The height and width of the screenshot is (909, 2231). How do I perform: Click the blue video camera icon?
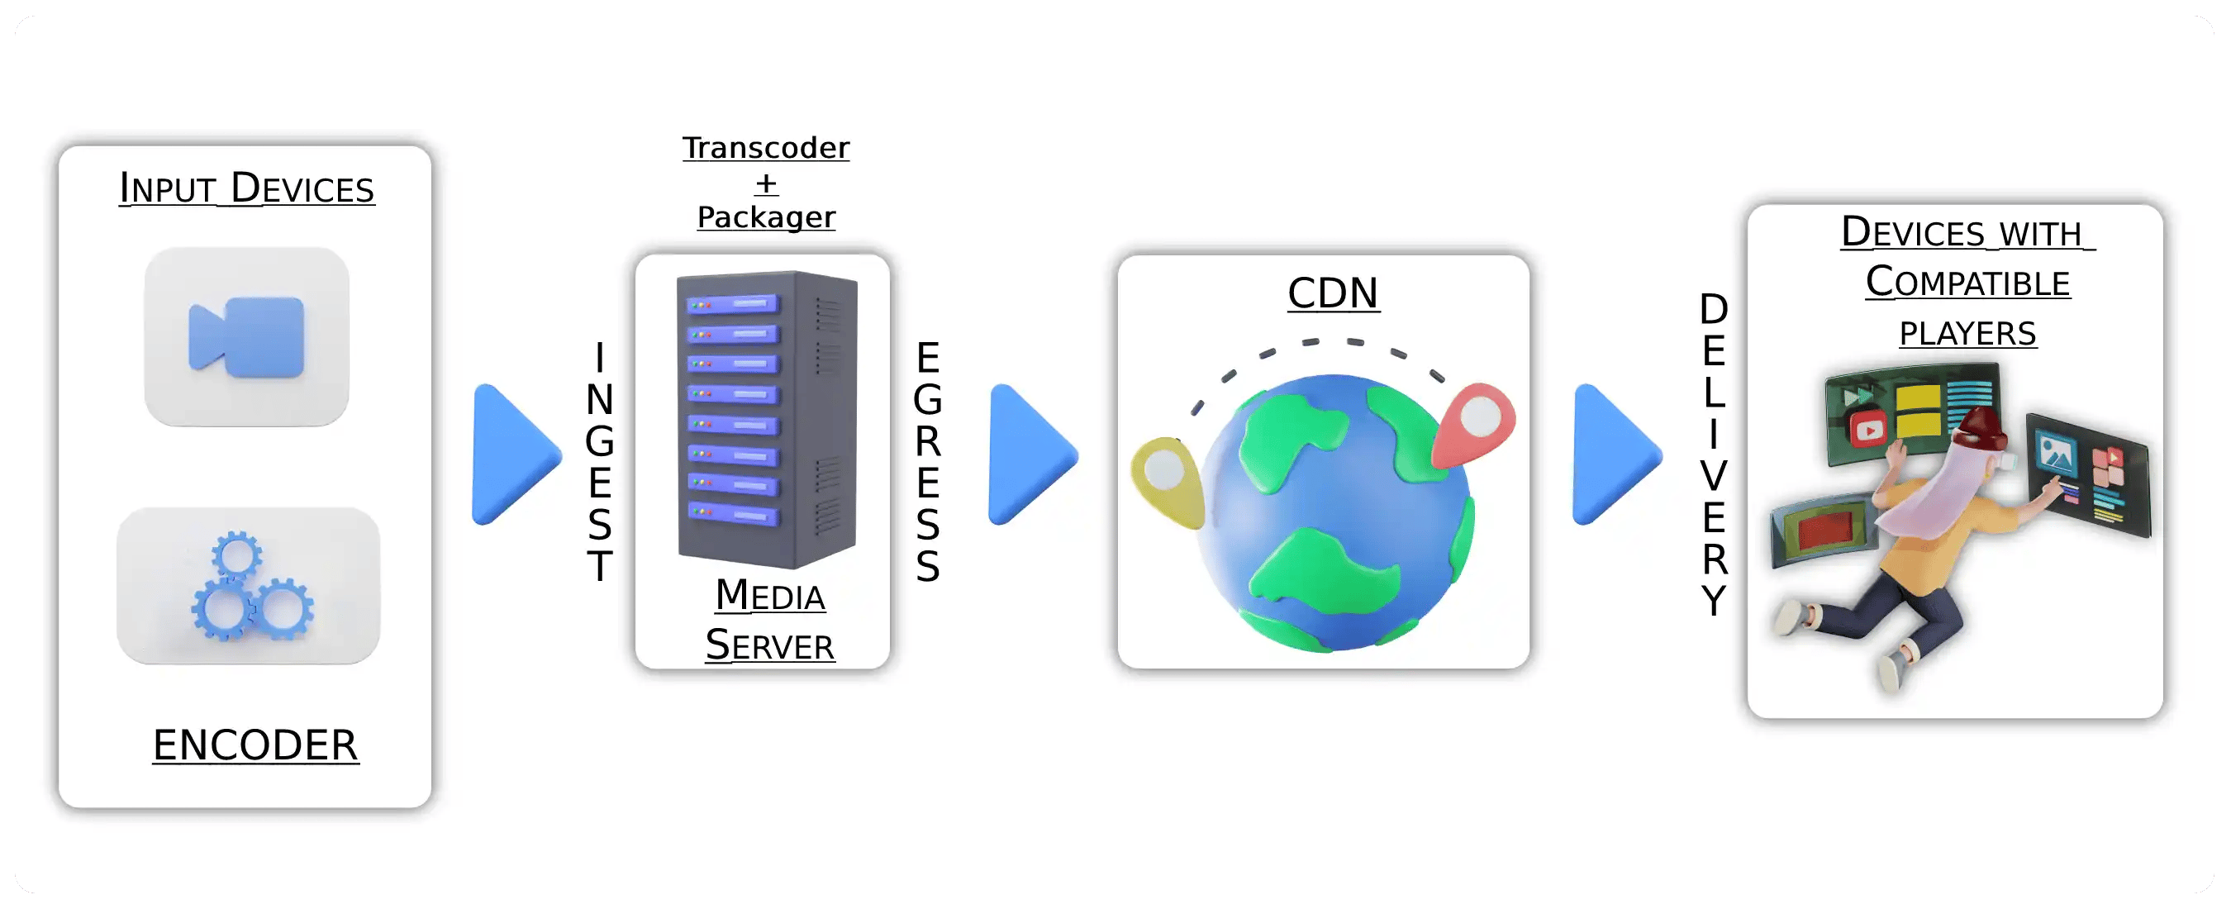point(247,337)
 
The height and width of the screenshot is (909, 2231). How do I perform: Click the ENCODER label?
point(255,745)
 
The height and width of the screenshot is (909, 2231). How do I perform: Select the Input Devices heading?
point(247,188)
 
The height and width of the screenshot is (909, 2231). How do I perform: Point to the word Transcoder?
point(766,147)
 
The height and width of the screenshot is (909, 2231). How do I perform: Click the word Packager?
point(767,217)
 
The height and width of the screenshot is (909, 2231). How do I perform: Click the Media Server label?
point(769,620)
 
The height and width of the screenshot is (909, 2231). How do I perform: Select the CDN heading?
point(1332,293)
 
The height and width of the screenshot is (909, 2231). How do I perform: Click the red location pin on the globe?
point(1475,424)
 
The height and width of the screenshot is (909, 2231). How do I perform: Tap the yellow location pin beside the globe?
point(1168,482)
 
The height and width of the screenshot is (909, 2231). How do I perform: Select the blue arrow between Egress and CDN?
point(1032,454)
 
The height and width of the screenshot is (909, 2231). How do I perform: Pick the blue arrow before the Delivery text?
point(1616,454)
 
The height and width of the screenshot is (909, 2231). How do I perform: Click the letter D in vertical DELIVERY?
point(1713,309)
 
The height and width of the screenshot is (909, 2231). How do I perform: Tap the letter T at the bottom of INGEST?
point(599,566)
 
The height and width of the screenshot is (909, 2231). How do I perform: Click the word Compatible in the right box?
point(1967,282)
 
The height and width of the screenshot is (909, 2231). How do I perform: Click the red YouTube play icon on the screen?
point(1868,429)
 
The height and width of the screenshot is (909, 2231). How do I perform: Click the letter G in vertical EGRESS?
point(928,399)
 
